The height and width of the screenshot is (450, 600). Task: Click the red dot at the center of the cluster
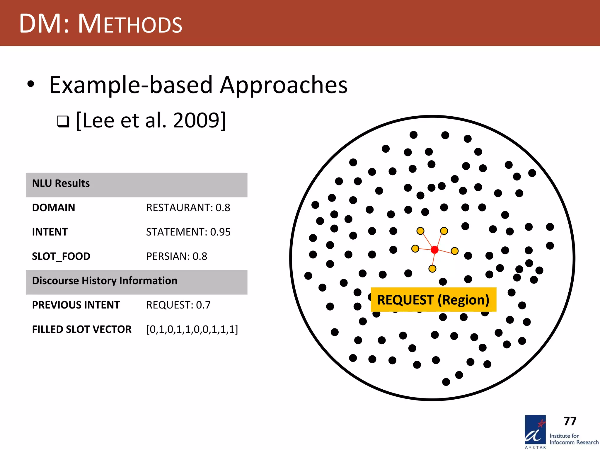(434, 250)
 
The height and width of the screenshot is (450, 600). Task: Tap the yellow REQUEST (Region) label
(433, 300)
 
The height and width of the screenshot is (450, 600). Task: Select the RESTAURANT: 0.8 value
(188, 208)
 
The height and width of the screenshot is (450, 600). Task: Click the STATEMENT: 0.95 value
(188, 232)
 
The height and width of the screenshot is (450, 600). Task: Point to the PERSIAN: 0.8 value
(177, 256)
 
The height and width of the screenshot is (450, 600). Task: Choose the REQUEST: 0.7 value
(178, 305)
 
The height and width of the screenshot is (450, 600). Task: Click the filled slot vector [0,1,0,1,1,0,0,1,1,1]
(192, 329)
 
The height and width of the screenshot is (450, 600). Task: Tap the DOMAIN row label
(54, 208)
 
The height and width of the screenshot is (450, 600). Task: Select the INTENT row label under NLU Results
(50, 232)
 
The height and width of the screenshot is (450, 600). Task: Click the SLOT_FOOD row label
(61, 256)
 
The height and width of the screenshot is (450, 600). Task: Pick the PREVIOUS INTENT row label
(76, 305)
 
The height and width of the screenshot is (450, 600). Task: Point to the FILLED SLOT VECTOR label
(82, 329)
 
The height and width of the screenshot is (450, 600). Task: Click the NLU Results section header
(61, 183)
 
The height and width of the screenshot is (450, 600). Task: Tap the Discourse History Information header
(105, 281)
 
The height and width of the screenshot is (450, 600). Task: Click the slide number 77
(570, 421)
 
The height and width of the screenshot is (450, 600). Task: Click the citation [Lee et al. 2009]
(151, 120)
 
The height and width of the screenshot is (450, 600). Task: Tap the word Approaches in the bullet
(284, 85)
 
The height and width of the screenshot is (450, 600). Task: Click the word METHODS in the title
(130, 24)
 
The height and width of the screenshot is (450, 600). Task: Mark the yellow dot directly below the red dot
(432, 269)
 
